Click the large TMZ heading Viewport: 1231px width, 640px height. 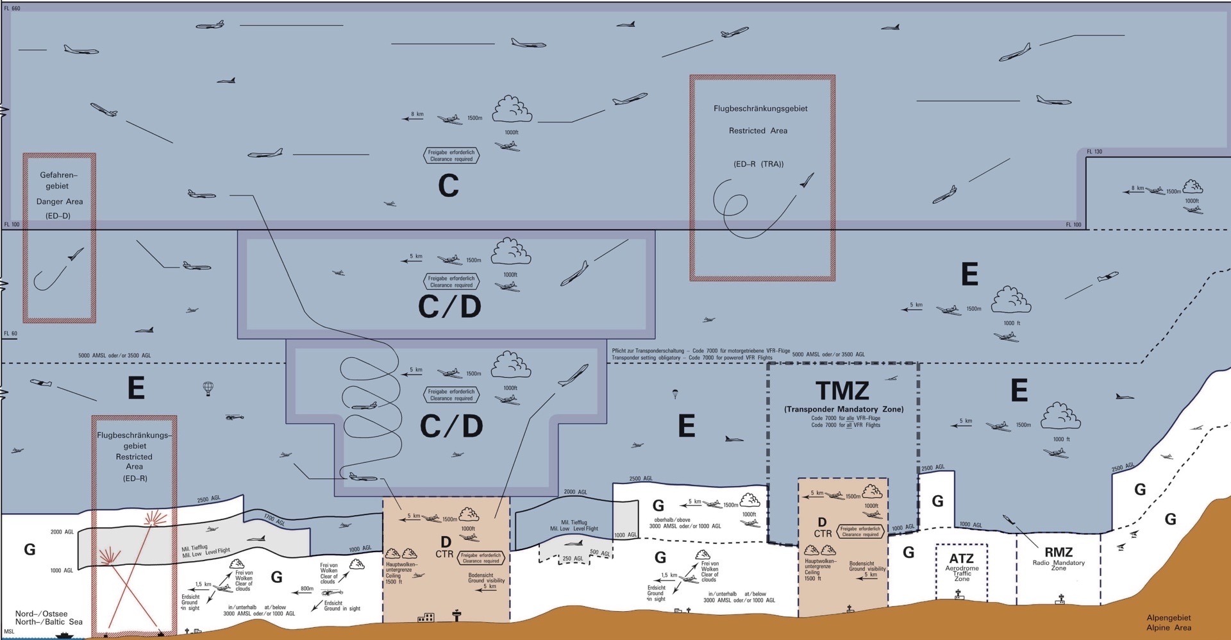[x=842, y=391]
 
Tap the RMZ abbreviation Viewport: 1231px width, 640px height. [x=1059, y=552]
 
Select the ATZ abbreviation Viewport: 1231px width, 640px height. [x=961, y=559]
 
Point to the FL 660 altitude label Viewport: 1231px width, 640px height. [x=12, y=8]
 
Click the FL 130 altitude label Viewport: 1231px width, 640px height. [x=1094, y=152]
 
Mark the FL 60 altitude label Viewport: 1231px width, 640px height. [x=11, y=333]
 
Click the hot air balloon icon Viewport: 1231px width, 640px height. [x=208, y=389]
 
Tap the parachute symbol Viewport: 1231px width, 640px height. [x=674, y=393]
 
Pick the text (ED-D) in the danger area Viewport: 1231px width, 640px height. [x=58, y=216]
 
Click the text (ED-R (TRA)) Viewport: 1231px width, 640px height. [x=758, y=164]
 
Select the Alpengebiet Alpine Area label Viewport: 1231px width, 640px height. [x=1169, y=623]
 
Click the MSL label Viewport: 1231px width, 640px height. [x=9, y=632]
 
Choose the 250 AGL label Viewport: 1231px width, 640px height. [x=573, y=559]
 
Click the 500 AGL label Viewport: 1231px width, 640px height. [x=599, y=553]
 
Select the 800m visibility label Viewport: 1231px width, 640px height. [x=307, y=589]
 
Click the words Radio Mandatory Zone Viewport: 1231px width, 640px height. [x=1059, y=566]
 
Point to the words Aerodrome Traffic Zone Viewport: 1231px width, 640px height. [x=962, y=573]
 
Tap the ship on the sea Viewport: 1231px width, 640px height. [x=64, y=635]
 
